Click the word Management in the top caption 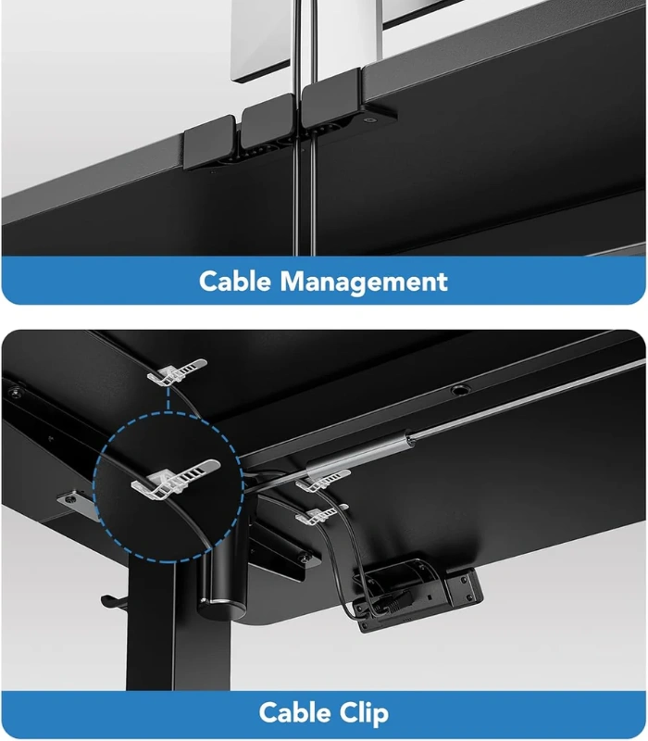tap(363, 283)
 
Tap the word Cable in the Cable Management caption tap(235, 281)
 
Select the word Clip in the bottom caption tap(363, 713)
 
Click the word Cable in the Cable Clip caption tap(294, 712)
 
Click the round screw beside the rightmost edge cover tap(369, 120)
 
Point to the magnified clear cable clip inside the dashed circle tap(175, 479)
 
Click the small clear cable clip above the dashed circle tap(177, 371)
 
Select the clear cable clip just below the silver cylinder tap(322, 479)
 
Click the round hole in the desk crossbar tap(459, 390)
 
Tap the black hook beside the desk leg tap(113, 602)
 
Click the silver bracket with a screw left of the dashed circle tap(76, 501)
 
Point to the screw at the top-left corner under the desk tap(16, 392)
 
